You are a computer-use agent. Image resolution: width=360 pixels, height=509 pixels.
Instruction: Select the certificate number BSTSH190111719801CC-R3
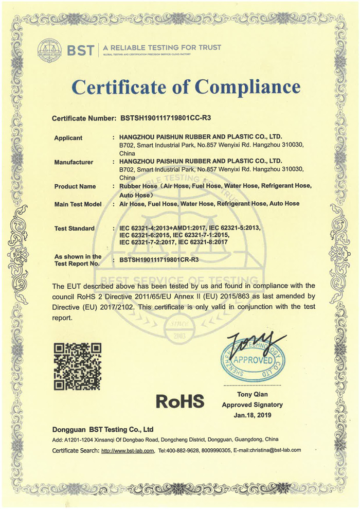166,118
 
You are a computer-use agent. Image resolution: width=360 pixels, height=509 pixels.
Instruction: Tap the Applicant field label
68,138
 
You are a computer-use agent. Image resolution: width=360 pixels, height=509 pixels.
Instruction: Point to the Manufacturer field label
74,162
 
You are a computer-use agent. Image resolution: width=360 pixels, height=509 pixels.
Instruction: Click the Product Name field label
75,186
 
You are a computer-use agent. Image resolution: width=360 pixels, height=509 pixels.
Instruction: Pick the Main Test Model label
78,204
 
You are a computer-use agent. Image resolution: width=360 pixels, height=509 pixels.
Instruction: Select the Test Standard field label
75,228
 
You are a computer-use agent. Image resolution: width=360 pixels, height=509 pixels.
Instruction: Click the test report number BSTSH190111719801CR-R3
159,260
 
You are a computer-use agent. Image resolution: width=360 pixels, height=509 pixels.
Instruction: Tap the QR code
78,366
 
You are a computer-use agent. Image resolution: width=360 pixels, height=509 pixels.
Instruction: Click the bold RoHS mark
180,401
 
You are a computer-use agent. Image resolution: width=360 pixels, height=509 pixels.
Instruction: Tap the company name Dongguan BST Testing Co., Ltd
103,429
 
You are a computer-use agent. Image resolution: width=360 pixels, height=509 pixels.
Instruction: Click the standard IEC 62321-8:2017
194,241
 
